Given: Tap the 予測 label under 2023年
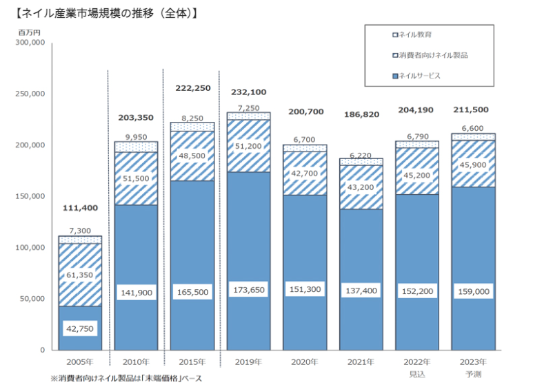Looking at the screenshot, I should coord(474,373).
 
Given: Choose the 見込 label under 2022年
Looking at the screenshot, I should coord(417,373).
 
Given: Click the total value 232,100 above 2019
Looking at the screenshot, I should coord(249,92).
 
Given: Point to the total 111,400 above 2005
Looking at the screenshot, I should coord(80,207).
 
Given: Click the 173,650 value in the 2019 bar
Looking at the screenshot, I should coord(249,292).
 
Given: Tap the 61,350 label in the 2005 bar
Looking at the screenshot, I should coord(80,275).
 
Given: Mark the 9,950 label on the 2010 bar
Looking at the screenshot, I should coord(137,136).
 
